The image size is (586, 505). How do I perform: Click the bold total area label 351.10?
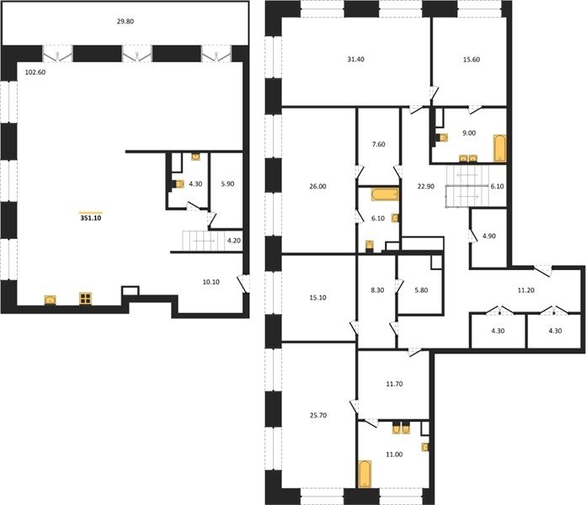(91, 219)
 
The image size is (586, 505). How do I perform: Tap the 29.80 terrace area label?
(125, 22)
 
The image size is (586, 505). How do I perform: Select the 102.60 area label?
(35, 72)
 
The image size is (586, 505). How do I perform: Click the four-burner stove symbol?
(86, 299)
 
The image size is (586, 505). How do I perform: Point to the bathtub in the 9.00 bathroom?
(499, 148)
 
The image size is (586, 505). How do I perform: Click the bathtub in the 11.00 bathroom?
(365, 474)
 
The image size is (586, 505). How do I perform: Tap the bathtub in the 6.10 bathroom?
(385, 194)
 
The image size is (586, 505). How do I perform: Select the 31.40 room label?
(355, 60)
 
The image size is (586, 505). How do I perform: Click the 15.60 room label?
(471, 60)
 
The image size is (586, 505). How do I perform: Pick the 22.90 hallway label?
(426, 186)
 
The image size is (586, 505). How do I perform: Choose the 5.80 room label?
(421, 290)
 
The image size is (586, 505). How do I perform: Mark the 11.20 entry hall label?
(525, 290)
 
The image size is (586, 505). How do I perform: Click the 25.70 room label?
(318, 415)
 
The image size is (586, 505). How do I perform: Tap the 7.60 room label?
(379, 144)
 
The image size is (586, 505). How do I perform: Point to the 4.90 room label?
(489, 236)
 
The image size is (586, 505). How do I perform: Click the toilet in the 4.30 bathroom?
(179, 184)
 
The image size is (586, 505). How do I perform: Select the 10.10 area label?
(210, 282)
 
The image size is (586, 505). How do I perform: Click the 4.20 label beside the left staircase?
(234, 241)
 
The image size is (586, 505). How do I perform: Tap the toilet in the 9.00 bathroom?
(443, 138)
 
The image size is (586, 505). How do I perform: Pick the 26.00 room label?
(317, 186)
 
